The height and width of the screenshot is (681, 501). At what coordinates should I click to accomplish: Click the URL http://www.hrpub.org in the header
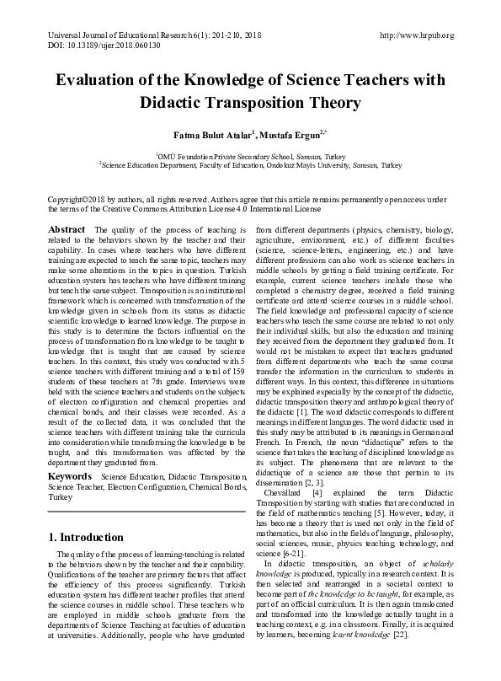417,35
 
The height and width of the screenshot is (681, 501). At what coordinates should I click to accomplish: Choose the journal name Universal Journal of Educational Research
118,35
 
